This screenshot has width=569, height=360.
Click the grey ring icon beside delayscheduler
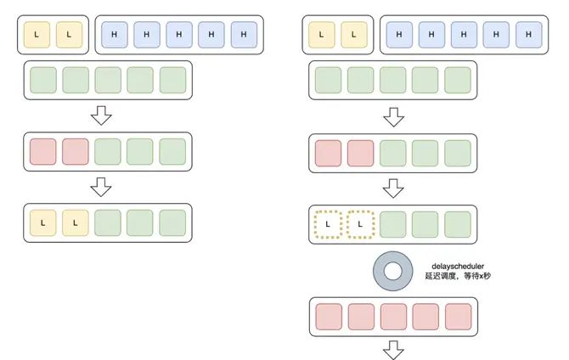392,271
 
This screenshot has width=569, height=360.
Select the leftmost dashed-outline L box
327,224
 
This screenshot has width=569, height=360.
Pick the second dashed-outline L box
360,224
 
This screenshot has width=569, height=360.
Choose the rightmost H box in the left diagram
244,34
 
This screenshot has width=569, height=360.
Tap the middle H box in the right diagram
464,34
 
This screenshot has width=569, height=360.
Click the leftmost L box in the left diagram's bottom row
42,223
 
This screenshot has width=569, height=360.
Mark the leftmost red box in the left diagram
42,152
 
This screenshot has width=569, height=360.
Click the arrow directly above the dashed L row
392,187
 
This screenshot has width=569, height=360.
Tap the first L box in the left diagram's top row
37,34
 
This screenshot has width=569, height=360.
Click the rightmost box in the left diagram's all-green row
172,81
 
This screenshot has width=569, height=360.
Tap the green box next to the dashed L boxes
392,224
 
